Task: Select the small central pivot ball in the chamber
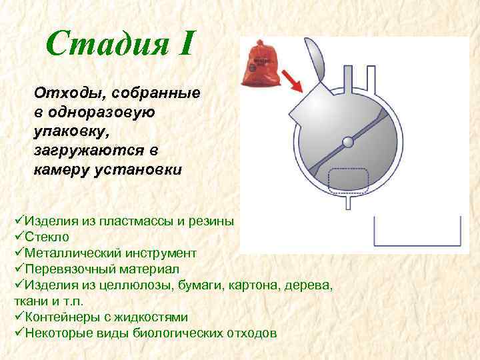pos(347,141)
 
